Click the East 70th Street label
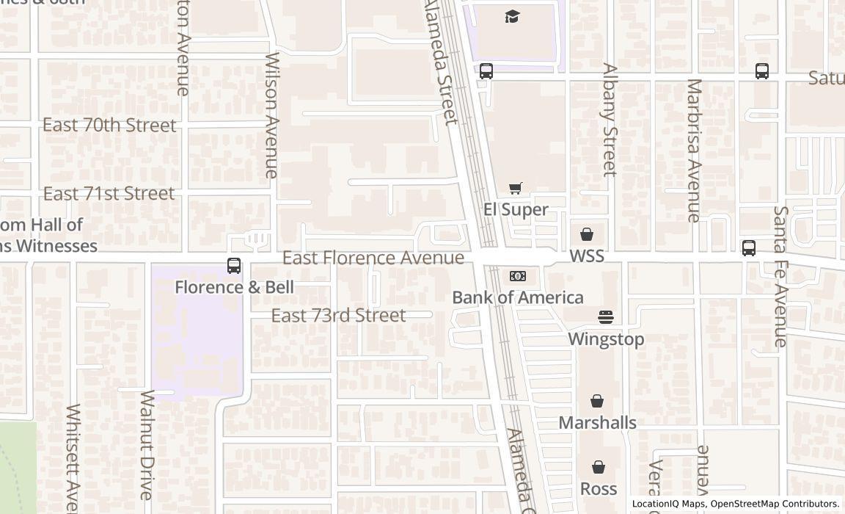click(109, 125)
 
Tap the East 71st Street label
click(109, 193)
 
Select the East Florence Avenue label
click(373, 258)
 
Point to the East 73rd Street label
click(338, 315)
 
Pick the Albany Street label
click(610, 120)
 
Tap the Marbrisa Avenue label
click(693, 151)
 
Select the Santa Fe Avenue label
click(780, 277)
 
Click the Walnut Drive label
click(147, 445)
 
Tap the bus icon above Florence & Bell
click(234, 266)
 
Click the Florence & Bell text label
click(234, 287)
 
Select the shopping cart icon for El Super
click(516, 189)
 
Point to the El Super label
click(516, 209)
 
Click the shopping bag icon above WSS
click(587, 235)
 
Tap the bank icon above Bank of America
click(518, 276)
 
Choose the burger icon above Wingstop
click(606, 317)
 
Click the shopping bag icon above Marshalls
click(597, 402)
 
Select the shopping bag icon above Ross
click(599, 468)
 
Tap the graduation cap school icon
click(513, 16)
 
